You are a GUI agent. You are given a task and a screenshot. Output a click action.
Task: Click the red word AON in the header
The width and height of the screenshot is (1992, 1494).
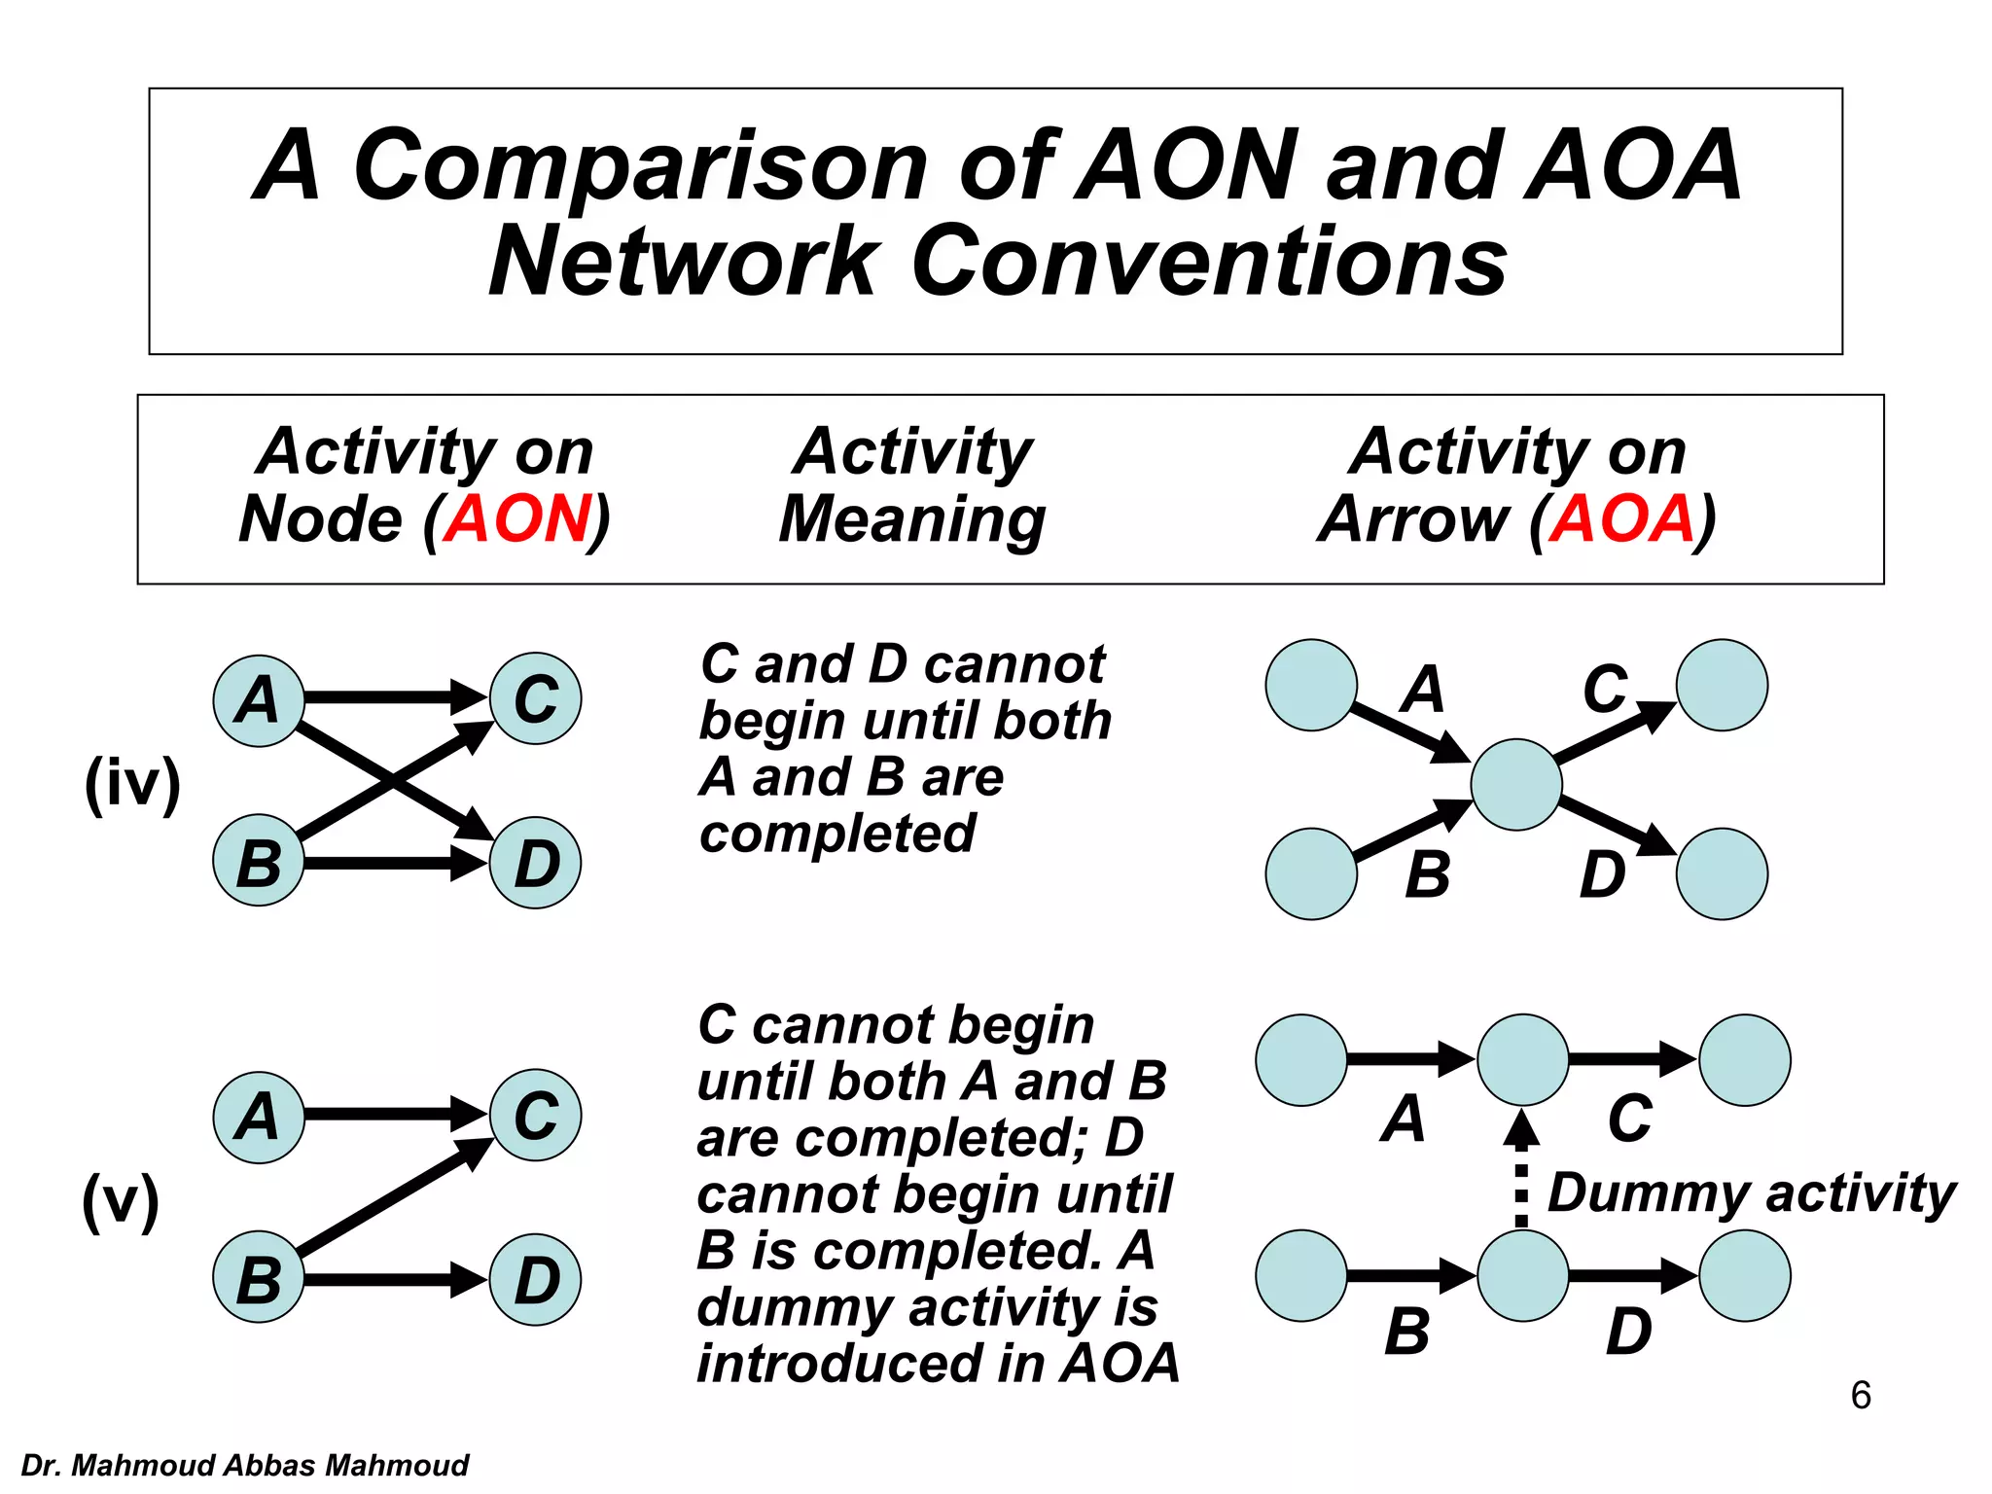pos(517,519)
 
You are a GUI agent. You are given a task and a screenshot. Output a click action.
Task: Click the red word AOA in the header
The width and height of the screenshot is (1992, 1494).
pos(1621,519)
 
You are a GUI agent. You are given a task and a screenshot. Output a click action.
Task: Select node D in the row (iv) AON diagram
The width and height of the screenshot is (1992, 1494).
pos(536,864)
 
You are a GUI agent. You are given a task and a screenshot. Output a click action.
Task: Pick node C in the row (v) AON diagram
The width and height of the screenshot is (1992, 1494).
pos(536,1116)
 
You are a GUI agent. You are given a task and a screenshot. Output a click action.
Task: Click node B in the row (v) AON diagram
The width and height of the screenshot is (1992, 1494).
pos(259,1279)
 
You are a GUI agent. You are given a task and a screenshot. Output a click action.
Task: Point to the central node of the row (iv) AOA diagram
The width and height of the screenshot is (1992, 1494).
pos(1516,784)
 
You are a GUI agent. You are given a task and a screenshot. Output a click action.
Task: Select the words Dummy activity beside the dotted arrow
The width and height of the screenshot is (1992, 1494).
pos(1751,1194)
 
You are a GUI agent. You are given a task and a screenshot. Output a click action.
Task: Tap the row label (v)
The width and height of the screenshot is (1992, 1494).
pos(121,1200)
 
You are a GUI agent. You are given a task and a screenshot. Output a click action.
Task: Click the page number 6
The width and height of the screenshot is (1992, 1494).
pos(1860,1396)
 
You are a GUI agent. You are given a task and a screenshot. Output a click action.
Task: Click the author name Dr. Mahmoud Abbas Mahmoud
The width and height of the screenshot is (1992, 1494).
pos(244,1465)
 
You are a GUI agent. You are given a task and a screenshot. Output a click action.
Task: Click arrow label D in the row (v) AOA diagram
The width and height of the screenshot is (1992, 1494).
pos(1628,1332)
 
